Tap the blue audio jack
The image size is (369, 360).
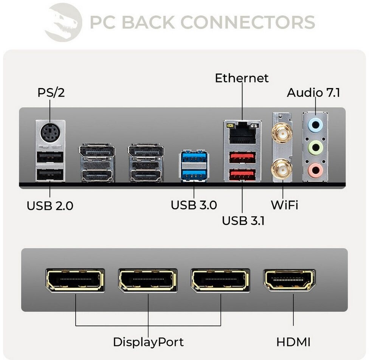(315, 125)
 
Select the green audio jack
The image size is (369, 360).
(315, 147)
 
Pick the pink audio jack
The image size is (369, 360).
(315, 170)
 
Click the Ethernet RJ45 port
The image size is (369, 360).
(242, 133)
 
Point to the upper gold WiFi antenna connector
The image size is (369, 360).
(282, 134)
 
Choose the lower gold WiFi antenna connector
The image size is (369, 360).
(282, 169)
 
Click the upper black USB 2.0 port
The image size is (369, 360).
(50, 157)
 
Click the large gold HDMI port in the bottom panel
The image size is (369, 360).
(290, 280)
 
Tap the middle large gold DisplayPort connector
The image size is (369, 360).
(147, 280)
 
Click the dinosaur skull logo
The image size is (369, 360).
(64, 22)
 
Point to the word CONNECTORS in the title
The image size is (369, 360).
(248, 22)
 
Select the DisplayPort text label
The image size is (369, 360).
(148, 342)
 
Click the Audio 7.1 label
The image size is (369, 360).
(313, 93)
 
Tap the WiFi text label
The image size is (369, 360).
(285, 205)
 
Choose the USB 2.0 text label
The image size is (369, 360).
(50, 206)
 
